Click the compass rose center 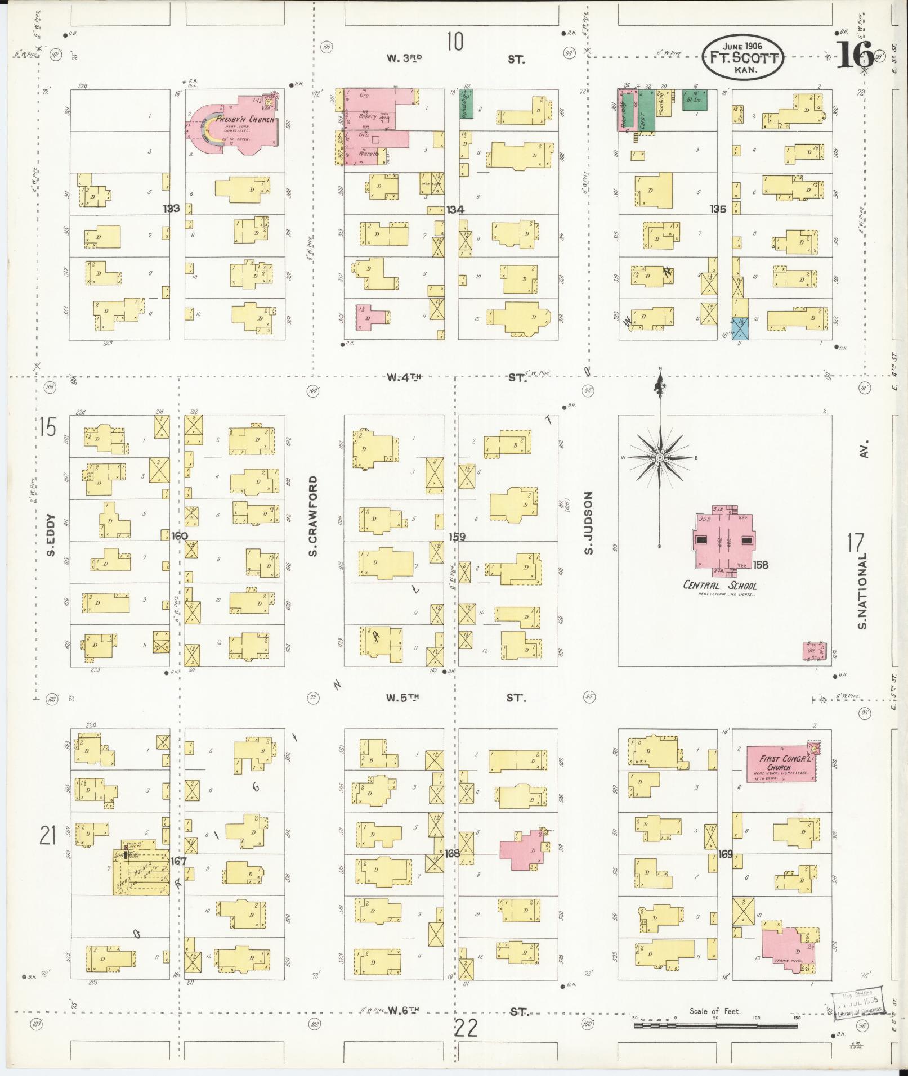click(x=659, y=458)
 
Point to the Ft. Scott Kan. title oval click(x=742, y=57)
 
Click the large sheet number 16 click(x=854, y=55)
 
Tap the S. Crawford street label click(x=313, y=516)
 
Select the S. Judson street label click(x=588, y=523)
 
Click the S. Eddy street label click(x=51, y=535)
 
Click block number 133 click(x=171, y=209)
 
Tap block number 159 click(x=457, y=537)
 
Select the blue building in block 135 click(x=740, y=329)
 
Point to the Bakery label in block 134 click(x=368, y=117)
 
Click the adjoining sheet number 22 click(x=466, y=1028)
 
